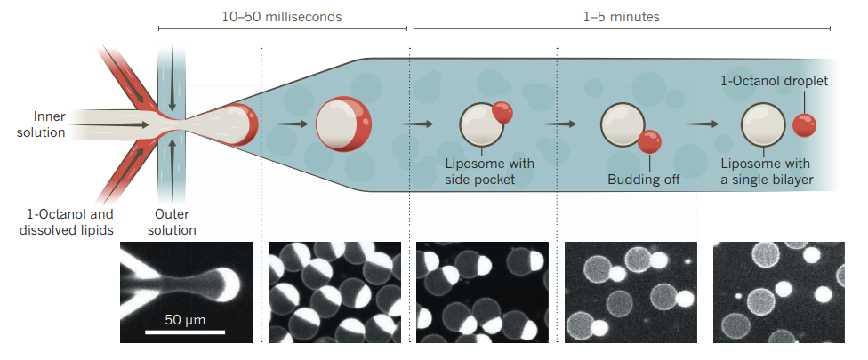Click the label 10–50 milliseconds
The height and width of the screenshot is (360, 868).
click(x=281, y=15)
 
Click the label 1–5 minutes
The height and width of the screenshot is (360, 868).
click(x=622, y=15)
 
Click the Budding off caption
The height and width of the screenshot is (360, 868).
click(x=643, y=180)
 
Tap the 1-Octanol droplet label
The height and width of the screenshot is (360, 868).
click(x=774, y=81)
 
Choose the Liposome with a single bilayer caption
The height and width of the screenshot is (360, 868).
click(x=767, y=172)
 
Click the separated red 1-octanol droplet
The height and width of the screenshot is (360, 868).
click(x=805, y=125)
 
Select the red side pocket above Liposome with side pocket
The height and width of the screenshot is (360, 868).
click(x=502, y=112)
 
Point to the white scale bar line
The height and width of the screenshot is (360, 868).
click(x=185, y=332)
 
